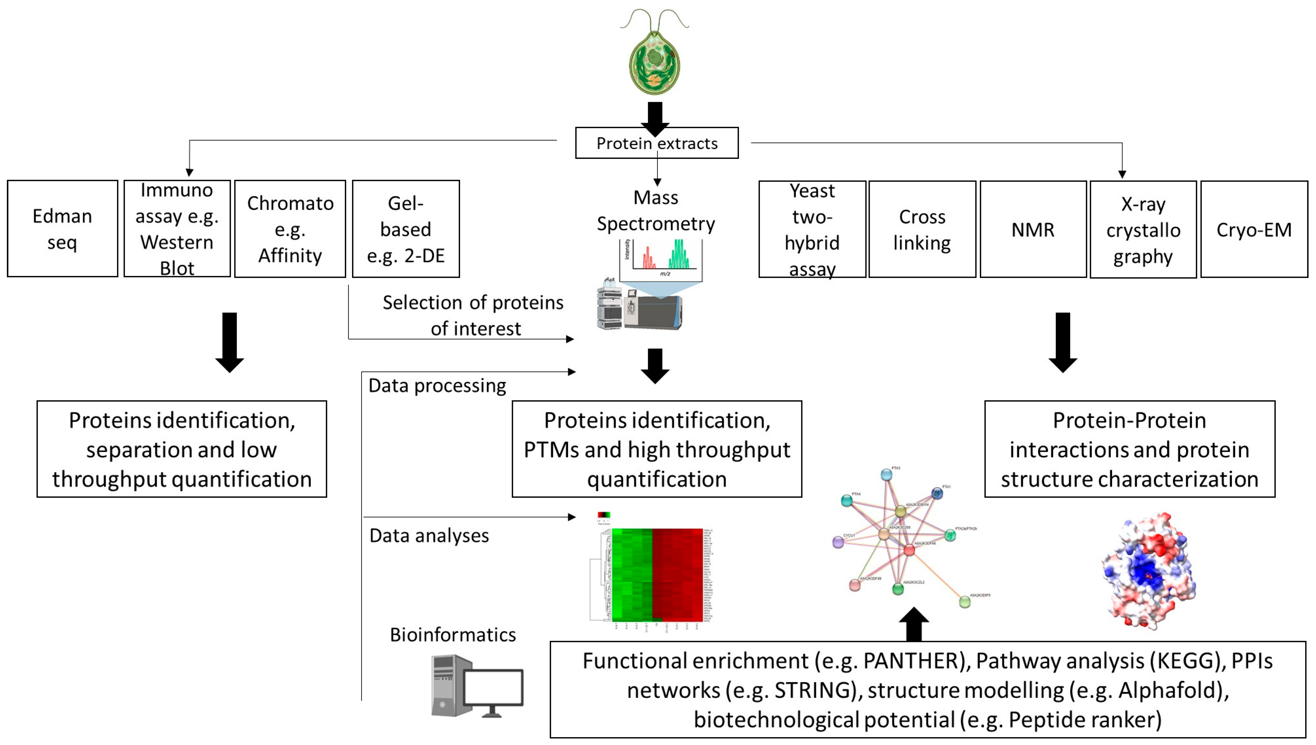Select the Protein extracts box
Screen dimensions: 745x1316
click(657, 143)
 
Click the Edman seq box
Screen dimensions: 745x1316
click(62, 229)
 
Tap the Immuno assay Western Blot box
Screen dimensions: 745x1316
click(177, 229)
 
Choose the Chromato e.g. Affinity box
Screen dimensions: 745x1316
click(290, 229)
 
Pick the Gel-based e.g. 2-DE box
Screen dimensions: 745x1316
click(406, 229)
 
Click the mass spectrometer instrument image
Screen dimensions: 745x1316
click(639, 307)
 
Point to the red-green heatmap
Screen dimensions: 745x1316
click(657, 574)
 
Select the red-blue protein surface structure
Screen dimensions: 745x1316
click(1148, 571)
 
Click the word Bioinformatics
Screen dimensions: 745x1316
click(453, 635)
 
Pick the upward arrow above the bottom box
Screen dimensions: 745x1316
click(914, 624)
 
